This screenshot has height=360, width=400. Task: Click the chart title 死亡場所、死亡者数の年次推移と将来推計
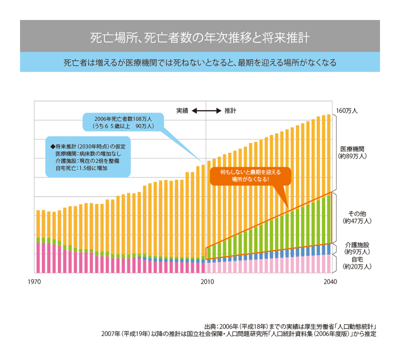(x=200, y=38)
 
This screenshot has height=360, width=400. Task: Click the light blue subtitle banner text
(x=200, y=63)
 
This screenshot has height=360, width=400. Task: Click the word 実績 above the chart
(x=182, y=110)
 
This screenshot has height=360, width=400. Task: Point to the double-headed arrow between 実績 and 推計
(x=206, y=110)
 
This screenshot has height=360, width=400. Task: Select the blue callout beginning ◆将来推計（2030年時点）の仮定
(x=87, y=157)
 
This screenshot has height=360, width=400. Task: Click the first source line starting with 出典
(x=290, y=324)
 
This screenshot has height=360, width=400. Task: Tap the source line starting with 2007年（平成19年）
(x=238, y=333)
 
